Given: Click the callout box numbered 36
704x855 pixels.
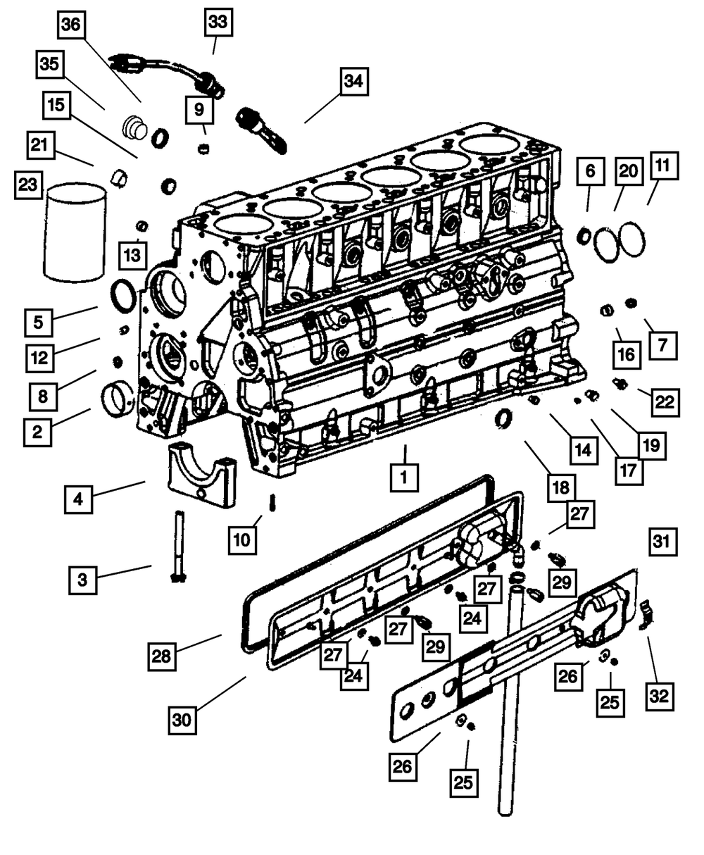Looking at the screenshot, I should pos(70,26).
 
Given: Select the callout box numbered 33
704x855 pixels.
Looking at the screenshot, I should pos(218,23).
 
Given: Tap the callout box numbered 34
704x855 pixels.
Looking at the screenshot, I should pos(354,82).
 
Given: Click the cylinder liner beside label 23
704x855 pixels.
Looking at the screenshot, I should pos(75,232).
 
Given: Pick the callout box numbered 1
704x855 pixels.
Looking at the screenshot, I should pos(404,477).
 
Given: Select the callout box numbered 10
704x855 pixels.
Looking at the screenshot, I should pos(241,539).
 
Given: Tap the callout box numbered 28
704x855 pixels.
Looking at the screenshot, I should pos(161,656).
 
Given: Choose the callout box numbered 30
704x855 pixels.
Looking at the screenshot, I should pos(183,720).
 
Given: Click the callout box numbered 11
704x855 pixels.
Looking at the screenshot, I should pos(662,166).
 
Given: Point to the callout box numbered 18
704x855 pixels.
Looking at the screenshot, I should pos(560,488).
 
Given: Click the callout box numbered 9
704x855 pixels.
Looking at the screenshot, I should pos(200,109).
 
